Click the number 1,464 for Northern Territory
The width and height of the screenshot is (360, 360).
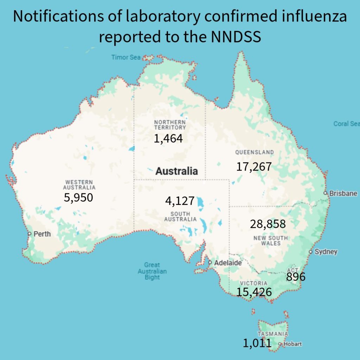pyautogui.click(x=168, y=139)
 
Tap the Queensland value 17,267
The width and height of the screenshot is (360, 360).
pyautogui.click(x=254, y=166)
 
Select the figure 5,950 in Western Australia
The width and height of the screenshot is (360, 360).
pyautogui.click(x=78, y=197)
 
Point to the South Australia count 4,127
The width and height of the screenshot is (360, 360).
pyautogui.click(x=180, y=201)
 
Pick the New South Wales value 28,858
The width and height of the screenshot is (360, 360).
pyautogui.click(x=268, y=224)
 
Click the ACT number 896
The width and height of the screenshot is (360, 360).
pyautogui.click(x=296, y=277)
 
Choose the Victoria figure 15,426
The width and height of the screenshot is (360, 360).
pyautogui.click(x=254, y=292)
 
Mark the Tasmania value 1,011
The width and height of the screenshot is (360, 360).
pyautogui.click(x=257, y=343)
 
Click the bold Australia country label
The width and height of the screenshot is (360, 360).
pyautogui.click(x=176, y=171)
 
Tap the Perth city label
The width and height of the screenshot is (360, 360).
pyautogui.click(x=42, y=234)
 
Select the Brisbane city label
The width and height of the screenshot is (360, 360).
pyautogui.click(x=343, y=193)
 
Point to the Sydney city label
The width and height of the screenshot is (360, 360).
pyautogui.click(x=326, y=252)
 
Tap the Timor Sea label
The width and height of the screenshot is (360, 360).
pyautogui.click(x=126, y=57)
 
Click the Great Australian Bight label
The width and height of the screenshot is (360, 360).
pyautogui.click(x=152, y=271)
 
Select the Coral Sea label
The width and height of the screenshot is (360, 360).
pyautogui.click(x=346, y=124)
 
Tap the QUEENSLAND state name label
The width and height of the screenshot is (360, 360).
pyautogui.click(x=254, y=152)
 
